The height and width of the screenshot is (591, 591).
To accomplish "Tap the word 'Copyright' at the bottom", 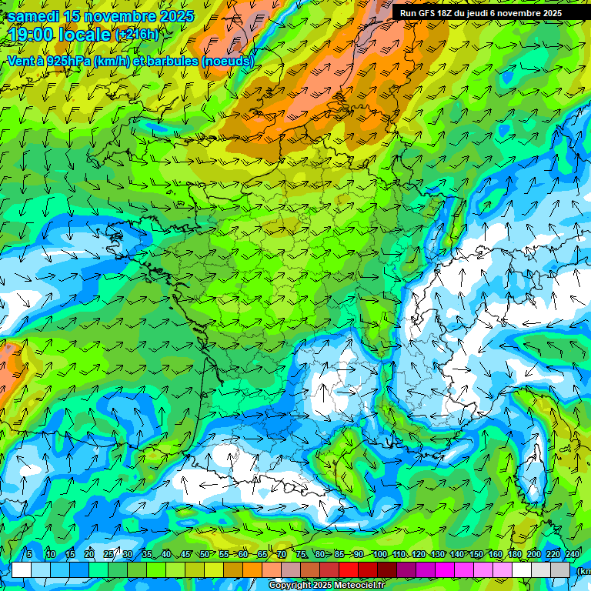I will (291, 586).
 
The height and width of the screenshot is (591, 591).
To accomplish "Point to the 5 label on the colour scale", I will (29, 555).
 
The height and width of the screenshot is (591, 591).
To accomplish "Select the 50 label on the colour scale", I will (204, 555).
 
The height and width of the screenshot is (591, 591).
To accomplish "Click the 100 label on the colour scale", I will (379, 555).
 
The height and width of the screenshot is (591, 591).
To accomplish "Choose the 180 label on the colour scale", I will (513, 555).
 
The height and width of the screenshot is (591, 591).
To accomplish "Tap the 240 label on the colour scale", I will (572, 555).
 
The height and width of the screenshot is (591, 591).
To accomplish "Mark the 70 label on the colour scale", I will (282, 555).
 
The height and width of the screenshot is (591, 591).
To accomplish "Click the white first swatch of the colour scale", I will (22, 569).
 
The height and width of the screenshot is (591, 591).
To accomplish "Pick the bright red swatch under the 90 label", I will (349, 569).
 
